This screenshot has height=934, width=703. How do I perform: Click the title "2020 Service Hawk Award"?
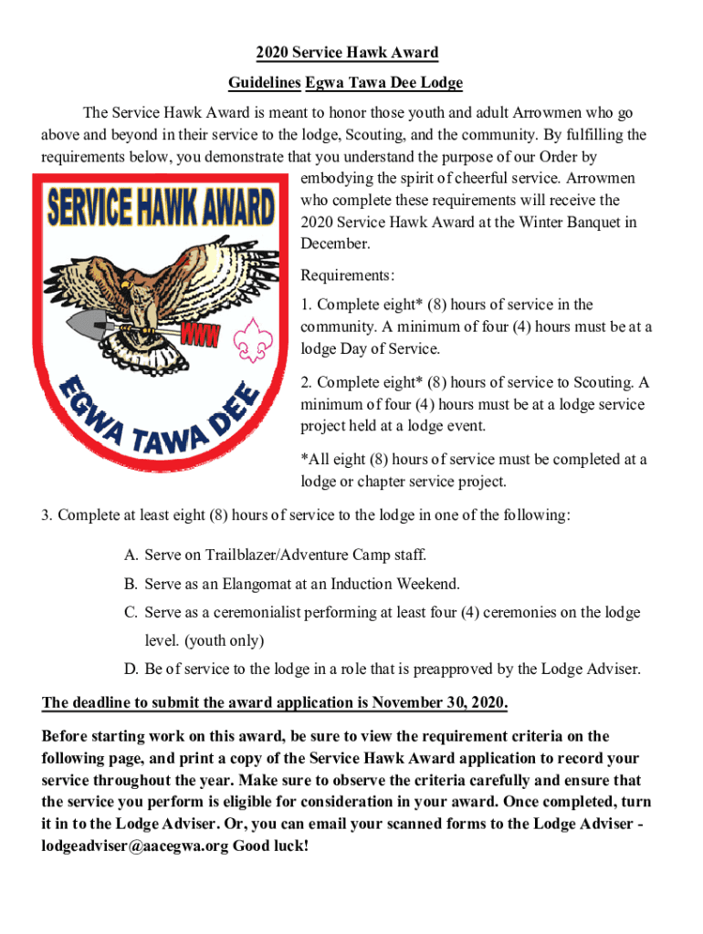(x=346, y=52)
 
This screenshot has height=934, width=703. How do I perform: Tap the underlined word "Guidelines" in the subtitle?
(x=264, y=83)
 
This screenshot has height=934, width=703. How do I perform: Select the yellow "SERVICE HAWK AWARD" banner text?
(x=162, y=208)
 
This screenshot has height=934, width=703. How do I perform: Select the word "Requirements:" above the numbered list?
(x=348, y=275)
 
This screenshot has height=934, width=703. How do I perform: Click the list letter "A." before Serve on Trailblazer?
(x=131, y=555)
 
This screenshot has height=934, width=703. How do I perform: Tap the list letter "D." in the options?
(x=131, y=669)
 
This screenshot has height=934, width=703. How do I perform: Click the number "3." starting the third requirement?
(x=47, y=515)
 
